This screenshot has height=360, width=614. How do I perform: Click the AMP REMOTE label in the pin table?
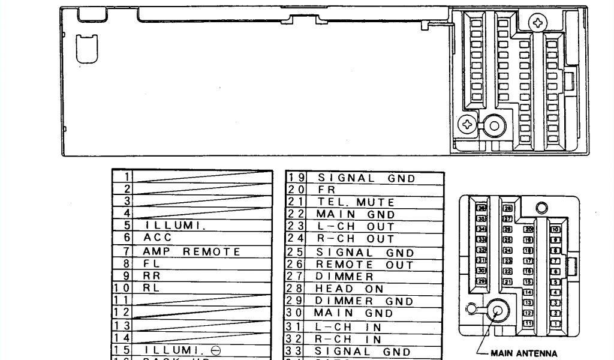[191, 252]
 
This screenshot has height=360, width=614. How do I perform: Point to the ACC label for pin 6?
[158, 238]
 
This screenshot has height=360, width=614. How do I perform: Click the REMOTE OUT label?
[365, 265]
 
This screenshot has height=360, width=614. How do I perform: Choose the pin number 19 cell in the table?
[296, 178]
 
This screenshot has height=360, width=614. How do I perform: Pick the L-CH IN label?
[348, 327]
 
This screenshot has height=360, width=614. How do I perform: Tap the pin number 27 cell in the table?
[296, 277]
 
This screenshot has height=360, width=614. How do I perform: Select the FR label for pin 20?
[326, 190]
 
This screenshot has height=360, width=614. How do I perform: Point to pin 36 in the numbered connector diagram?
[480, 208]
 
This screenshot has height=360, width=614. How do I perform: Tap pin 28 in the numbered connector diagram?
[508, 208]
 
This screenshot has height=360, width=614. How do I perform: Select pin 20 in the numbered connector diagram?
[529, 229]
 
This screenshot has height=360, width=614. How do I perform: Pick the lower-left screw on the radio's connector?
[467, 124]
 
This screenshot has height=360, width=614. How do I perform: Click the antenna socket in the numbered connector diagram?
[498, 310]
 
